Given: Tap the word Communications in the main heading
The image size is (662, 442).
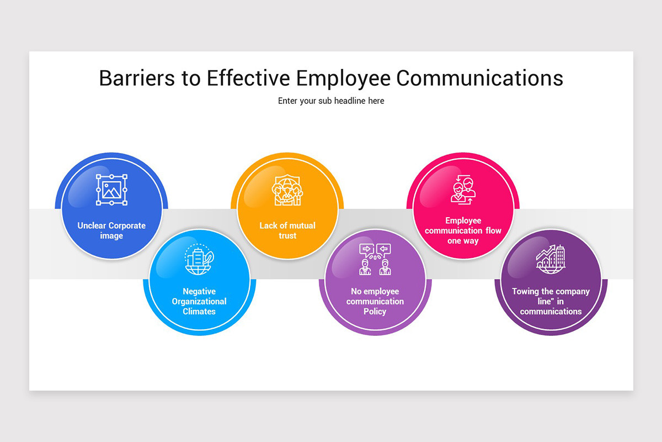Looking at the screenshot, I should click(479, 78).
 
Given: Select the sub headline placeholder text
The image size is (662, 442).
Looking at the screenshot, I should click(331, 101).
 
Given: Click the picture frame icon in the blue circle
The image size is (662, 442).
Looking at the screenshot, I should click(112, 190).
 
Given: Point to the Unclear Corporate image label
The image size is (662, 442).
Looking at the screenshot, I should click(111, 231).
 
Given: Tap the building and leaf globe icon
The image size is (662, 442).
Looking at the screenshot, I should click(199, 260).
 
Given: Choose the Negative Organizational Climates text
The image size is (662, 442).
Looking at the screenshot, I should click(199, 301).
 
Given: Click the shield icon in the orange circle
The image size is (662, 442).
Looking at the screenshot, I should click(287, 191).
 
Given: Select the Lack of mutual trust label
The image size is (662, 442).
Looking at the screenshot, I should click(287, 231).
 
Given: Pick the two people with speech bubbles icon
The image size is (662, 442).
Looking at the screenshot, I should click(375, 259).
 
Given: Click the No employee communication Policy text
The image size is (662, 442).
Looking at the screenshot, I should click(375, 301).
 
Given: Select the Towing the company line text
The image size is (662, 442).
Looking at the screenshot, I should click(551, 301).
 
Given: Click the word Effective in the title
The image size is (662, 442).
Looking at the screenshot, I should click(249, 78).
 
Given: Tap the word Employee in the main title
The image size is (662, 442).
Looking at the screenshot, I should click(344, 78).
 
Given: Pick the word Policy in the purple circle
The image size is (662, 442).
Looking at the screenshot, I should click(375, 312).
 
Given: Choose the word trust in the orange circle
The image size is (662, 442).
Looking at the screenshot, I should click(287, 236).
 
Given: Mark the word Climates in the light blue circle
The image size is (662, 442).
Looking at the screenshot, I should click(199, 312).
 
